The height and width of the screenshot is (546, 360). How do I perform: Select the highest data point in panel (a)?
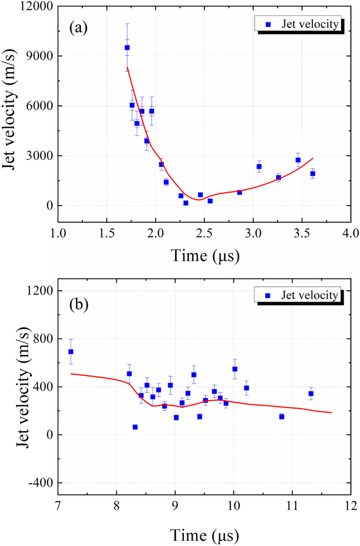pos(127,47)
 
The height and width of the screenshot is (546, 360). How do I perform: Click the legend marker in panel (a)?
pos(266,24)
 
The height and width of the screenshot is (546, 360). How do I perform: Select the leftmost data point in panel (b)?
pos(71,351)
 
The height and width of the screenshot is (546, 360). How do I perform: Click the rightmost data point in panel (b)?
pos(311,394)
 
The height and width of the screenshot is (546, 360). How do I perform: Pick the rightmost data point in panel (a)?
pos(312,173)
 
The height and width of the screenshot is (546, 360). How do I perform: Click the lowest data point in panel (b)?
pos(135,427)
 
